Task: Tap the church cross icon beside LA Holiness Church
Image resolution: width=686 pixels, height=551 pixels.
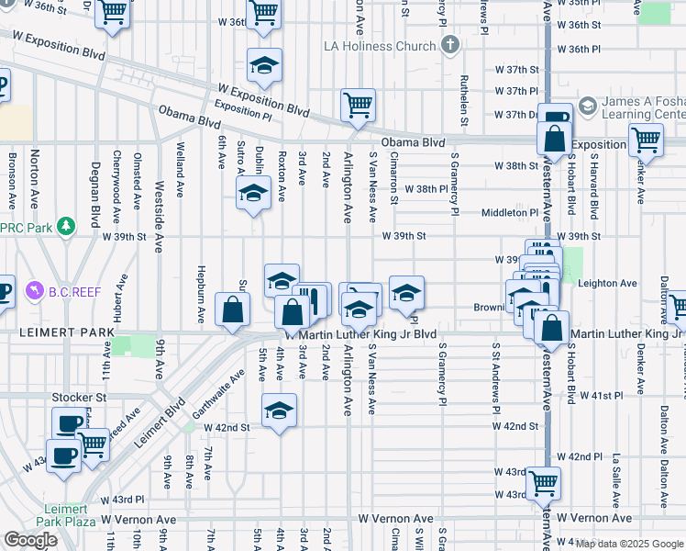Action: click(x=449, y=44)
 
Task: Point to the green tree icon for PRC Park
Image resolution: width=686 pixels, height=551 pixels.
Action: click(x=65, y=226)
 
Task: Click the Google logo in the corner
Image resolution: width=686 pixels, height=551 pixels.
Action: click(x=30, y=539)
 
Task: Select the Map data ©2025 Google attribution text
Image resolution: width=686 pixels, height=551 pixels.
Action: click(x=629, y=544)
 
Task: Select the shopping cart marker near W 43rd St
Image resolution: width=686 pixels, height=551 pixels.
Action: click(x=544, y=481)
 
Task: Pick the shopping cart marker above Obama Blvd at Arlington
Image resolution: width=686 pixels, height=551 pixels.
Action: click(x=357, y=104)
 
